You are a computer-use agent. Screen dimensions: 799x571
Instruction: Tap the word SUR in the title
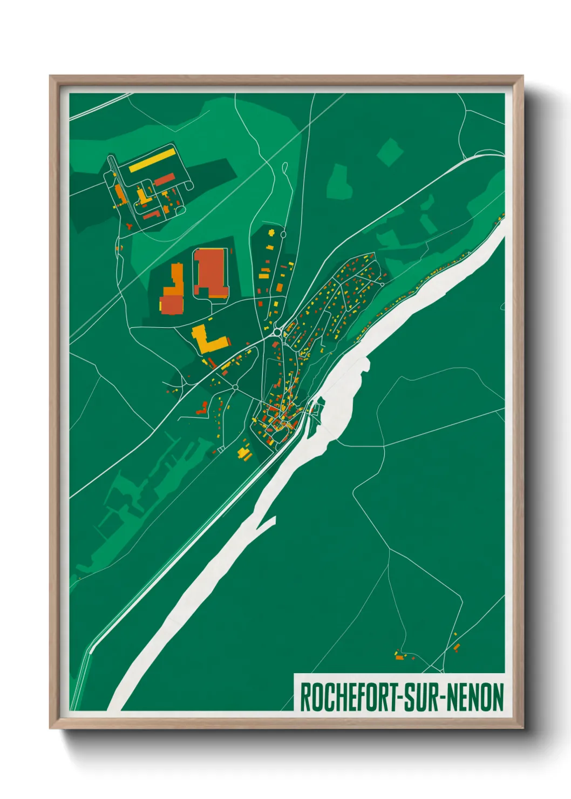[422, 697]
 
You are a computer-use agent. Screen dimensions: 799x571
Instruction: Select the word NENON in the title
[474, 697]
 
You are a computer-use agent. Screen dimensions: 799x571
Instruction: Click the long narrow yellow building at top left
[152, 160]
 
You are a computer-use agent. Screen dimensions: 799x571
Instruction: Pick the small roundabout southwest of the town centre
[235, 387]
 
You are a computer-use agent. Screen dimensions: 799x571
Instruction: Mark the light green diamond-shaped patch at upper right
[390, 151]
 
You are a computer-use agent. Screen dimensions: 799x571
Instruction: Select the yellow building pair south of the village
[244, 453]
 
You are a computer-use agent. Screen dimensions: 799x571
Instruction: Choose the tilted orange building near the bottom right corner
[457, 646]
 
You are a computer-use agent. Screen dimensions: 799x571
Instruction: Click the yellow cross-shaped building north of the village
[271, 233]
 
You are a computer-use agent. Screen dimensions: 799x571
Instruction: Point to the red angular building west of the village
[202, 409]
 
